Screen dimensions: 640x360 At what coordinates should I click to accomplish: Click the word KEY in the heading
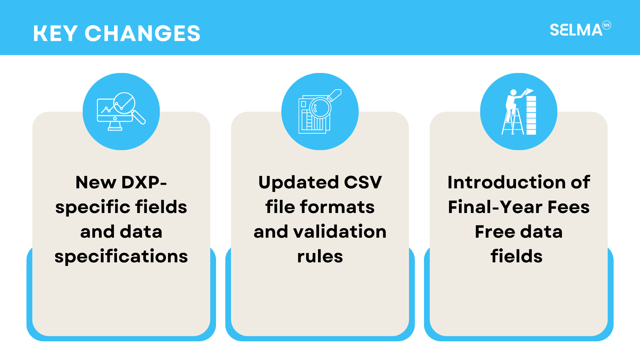(55, 33)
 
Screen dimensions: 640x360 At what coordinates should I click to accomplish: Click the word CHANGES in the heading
(142, 33)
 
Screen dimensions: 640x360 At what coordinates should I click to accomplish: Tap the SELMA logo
(580, 29)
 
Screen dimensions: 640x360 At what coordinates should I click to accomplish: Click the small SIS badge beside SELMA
(607, 25)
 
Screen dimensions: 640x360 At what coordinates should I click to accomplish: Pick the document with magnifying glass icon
(320, 111)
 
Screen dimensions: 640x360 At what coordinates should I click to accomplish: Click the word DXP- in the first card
(144, 182)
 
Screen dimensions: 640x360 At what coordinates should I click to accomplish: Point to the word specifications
(121, 257)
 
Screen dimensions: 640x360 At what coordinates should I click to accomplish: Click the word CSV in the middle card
(363, 182)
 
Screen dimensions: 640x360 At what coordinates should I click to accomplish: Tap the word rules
(320, 257)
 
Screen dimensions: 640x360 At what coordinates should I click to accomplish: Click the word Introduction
(506, 182)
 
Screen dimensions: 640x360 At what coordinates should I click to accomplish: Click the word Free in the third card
(494, 232)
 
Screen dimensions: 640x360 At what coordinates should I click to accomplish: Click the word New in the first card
(96, 182)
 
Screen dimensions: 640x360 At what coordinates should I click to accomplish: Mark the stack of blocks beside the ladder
(531, 115)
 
